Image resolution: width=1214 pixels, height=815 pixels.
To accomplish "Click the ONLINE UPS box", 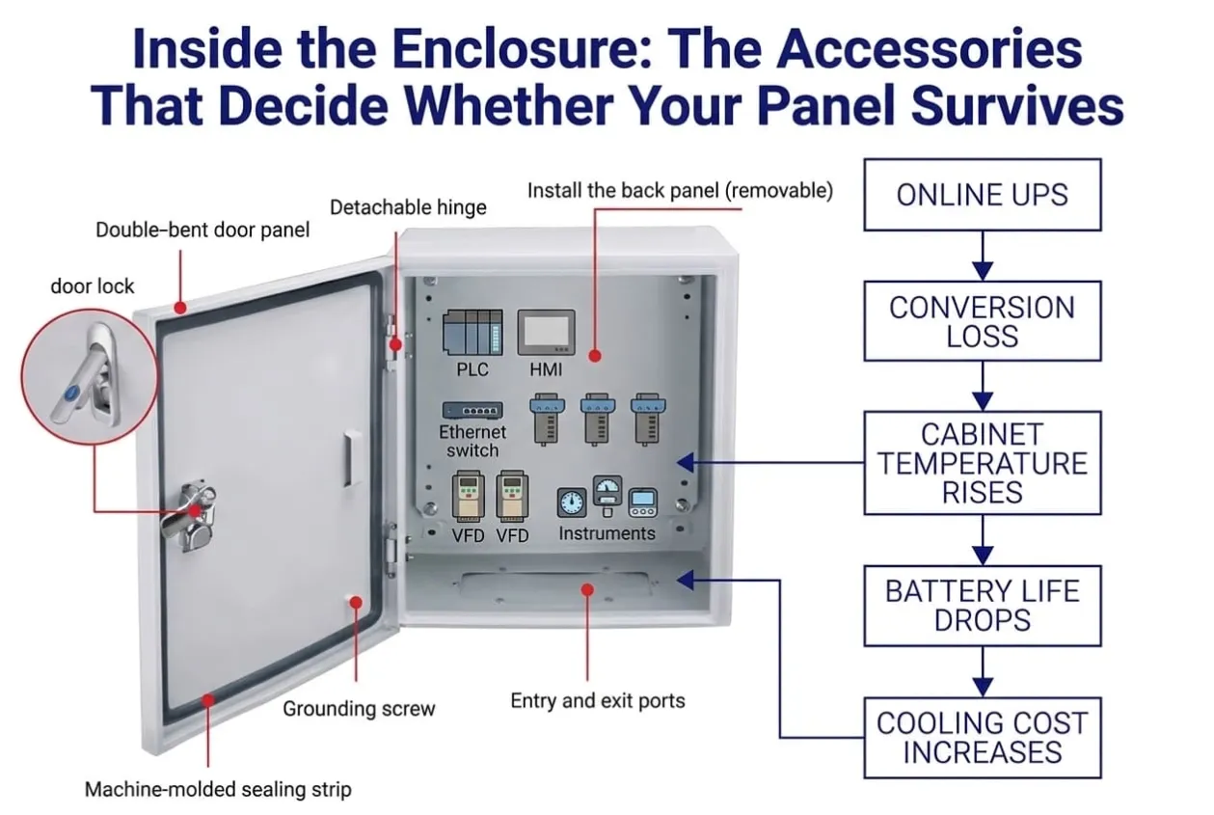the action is (x=982, y=195).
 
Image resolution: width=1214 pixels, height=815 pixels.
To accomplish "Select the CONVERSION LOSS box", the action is (x=982, y=321).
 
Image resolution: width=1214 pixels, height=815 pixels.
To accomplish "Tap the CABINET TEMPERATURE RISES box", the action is (x=982, y=463).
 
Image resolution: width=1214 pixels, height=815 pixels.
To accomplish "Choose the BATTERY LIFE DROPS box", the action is (x=982, y=606).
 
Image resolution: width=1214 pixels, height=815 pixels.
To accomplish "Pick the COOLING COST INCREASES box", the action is (x=982, y=738).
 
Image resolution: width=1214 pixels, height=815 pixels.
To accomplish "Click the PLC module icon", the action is (x=472, y=333).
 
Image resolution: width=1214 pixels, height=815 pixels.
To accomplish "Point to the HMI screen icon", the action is (x=546, y=333).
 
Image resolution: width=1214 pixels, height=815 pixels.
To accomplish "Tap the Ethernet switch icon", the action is (x=472, y=411).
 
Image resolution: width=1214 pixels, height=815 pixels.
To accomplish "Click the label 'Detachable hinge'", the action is (x=408, y=207).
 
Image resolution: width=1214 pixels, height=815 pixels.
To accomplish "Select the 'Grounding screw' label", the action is (x=359, y=708).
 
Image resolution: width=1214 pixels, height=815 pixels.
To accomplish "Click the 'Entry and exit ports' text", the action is (x=598, y=700).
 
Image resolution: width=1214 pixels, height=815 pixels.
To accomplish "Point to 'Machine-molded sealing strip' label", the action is (x=219, y=789).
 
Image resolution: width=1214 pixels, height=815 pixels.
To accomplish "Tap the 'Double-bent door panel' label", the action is (x=202, y=230).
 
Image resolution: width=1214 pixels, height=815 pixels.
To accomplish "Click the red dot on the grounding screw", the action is (x=356, y=603).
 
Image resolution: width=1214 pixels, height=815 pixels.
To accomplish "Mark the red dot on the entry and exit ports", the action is (x=587, y=589).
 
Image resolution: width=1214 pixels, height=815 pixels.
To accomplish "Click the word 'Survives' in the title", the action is (x=1017, y=106).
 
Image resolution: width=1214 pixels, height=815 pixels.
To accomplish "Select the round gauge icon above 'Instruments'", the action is (x=572, y=503).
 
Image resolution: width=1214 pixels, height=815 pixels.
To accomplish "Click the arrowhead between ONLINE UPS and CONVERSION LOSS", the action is (x=983, y=271).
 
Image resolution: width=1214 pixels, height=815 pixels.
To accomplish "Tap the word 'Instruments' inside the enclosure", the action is (x=607, y=533).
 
